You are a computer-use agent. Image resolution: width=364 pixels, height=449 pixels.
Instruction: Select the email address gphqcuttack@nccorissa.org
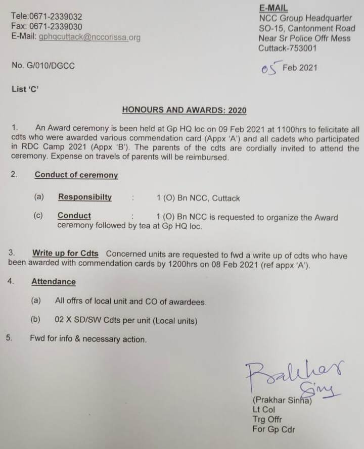(x=89, y=37)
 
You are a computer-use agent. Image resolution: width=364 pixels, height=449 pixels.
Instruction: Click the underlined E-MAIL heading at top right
(x=273, y=8)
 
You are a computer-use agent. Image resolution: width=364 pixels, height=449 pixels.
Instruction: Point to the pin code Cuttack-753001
(x=288, y=48)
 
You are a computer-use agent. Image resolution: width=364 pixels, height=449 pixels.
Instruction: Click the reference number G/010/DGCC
(x=54, y=66)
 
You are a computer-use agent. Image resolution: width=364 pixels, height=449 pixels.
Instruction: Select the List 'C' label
(x=25, y=89)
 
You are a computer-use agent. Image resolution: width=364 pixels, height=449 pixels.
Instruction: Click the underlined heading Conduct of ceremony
(x=76, y=175)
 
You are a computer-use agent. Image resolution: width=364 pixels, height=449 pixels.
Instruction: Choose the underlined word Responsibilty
(x=85, y=197)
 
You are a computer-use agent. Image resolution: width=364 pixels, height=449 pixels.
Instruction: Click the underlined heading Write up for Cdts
(x=65, y=253)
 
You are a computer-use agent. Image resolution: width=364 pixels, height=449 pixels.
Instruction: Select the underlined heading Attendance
(x=54, y=282)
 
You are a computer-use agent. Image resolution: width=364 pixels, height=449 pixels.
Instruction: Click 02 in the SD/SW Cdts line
(x=60, y=320)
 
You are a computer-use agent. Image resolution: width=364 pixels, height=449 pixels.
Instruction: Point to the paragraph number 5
(x=9, y=338)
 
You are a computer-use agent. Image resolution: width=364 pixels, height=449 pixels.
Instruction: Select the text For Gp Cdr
(x=274, y=429)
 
